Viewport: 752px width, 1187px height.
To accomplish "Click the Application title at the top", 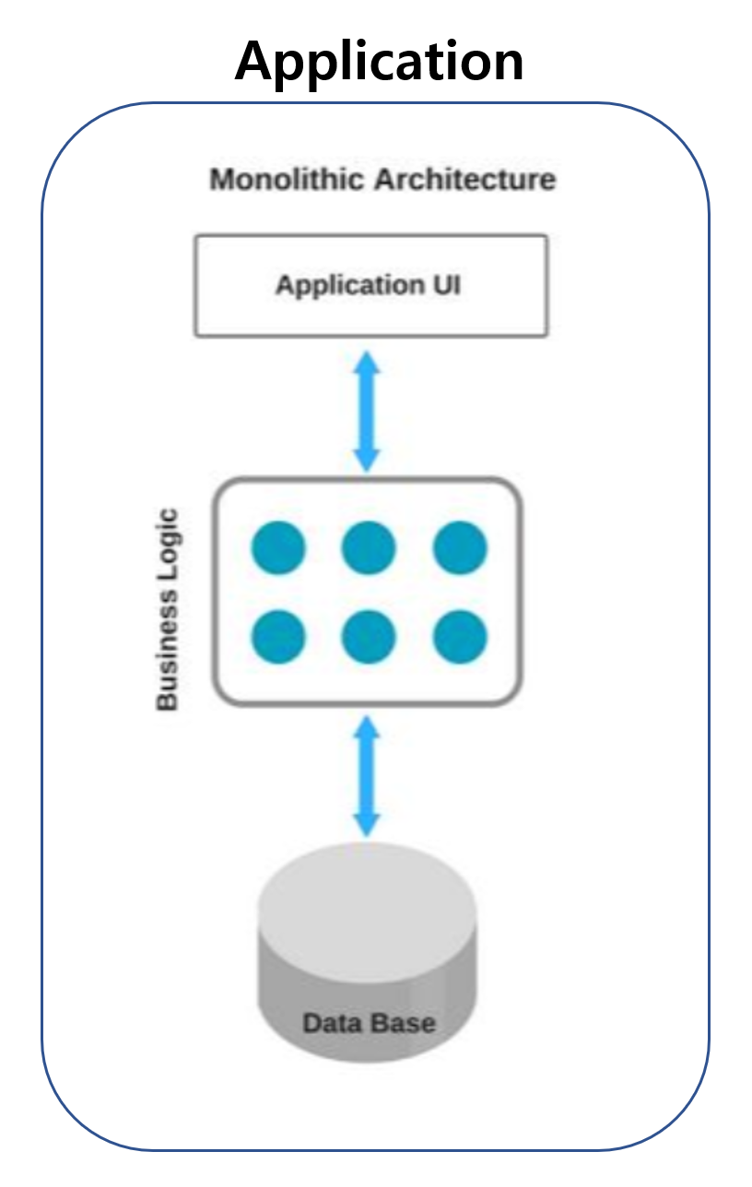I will (379, 61).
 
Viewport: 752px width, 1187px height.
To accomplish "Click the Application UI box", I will (370, 286).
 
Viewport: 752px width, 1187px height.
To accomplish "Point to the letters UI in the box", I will (445, 285).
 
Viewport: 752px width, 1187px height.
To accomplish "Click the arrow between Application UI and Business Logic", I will (368, 410).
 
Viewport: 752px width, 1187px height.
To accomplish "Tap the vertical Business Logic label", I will (167, 608).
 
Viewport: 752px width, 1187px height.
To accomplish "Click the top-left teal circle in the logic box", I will (278, 547).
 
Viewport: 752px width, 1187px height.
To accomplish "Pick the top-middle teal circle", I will (369, 547).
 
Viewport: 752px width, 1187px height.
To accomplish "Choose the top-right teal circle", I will (460, 547).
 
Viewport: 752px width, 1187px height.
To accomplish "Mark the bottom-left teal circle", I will (278, 637).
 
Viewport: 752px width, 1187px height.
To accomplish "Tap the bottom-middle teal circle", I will (369, 637).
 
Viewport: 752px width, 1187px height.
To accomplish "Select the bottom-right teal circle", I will (460, 637).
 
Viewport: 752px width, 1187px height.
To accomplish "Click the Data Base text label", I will (369, 1023).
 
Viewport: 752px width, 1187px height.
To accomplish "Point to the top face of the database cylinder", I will (368, 899).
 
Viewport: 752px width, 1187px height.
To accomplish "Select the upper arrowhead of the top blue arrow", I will (368, 362).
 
